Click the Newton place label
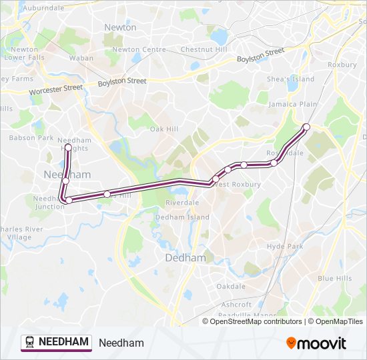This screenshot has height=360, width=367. [x=120, y=27]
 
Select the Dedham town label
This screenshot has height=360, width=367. [x=176, y=258]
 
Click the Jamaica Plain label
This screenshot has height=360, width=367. [x=292, y=105]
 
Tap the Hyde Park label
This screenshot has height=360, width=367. [x=285, y=246]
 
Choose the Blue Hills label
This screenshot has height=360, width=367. [x=334, y=278]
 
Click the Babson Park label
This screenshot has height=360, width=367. [x=31, y=138]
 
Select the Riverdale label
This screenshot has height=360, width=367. [x=182, y=202]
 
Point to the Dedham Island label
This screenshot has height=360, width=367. [x=182, y=217]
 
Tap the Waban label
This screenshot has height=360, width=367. [x=81, y=58]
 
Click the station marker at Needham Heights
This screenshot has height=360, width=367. [x=68, y=147]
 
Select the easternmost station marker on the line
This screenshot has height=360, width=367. [x=306, y=127]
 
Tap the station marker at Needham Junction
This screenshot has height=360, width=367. [x=69, y=200]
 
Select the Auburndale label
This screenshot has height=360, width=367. [x=43, y=8]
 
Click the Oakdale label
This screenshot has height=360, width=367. [x=231, y=286]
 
